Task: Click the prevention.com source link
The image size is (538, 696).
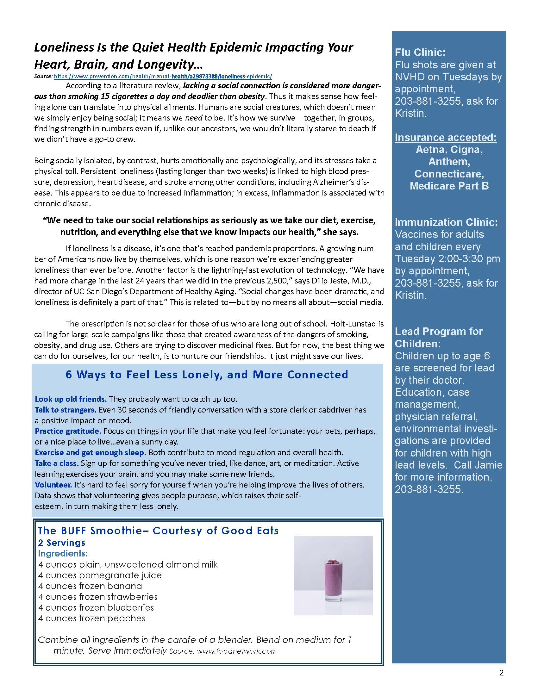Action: coord(163,77)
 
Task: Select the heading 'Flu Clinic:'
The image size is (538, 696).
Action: coord(420,53)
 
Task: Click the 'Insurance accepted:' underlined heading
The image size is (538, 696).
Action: coord(446,137)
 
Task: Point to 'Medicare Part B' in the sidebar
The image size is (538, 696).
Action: coord(449,186)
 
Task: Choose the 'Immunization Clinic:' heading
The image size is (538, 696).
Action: coord(446,222)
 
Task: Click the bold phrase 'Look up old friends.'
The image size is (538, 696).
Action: coord(71,399)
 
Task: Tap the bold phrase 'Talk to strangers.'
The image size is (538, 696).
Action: coord(65,410)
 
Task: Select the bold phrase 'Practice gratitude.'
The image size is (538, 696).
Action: coord(68,431)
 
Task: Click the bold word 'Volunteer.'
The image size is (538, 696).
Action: coord(53,485)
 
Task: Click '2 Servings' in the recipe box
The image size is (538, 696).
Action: coord(61,542)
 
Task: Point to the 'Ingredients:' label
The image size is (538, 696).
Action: coord(63,553)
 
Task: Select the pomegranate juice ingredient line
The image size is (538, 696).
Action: coord(100,575)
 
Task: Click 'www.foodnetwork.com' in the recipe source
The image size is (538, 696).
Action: coord(236,651)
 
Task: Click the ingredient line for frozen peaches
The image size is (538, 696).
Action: coord(91,618)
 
